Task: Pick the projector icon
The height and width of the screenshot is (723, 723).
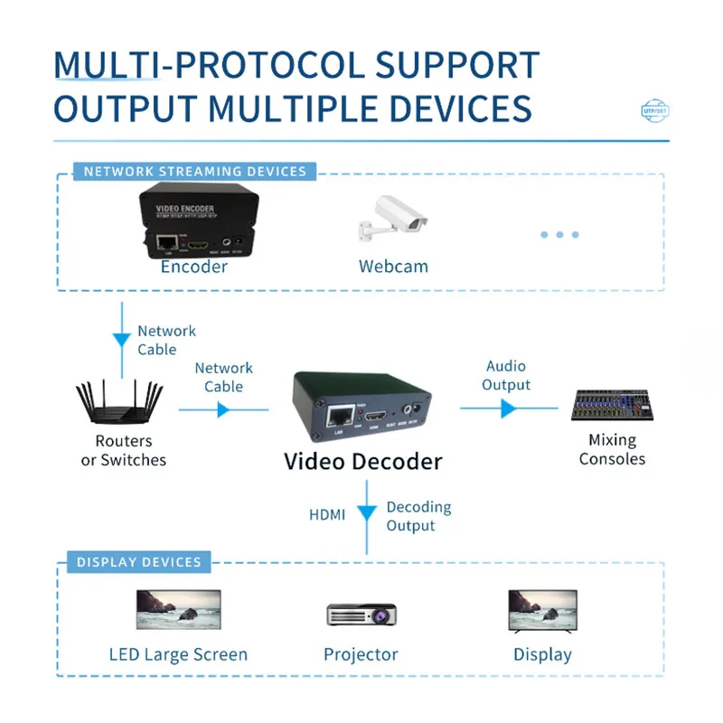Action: (361, 614)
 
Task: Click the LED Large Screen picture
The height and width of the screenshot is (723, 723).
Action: (178, 610)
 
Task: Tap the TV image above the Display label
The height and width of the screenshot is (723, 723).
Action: (542, 610)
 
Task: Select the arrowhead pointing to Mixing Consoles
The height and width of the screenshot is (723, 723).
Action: (508, 408)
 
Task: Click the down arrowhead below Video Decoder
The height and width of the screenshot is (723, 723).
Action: (366, 513)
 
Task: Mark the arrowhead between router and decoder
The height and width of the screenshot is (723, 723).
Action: (223, 409)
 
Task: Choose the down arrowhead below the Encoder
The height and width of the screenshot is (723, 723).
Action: (121, 341)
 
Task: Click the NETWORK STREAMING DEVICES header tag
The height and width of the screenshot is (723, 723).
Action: (194, 171)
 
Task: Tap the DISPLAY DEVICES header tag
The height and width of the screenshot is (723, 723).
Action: (138, 562)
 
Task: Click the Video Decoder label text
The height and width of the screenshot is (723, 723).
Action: (363, 462)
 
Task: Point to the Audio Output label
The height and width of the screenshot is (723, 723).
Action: (506, 375)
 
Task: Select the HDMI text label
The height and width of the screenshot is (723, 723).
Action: (327, 514)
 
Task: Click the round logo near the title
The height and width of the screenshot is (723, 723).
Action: (655, 110)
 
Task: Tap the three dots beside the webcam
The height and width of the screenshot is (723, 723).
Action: (559, 235)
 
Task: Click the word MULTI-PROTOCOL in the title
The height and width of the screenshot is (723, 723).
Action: (210, 66)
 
